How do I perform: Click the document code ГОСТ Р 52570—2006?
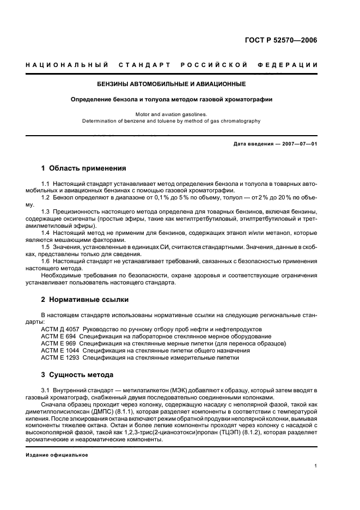pos(282,40)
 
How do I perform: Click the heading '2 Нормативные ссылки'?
pos(86,300)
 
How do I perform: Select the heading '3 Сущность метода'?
pos(77,375)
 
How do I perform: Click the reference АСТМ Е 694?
pos(59,337)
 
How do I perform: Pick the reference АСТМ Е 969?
pos(59,344)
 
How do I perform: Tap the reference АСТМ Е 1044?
pos(61,351)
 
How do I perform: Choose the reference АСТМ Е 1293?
pos(61,358)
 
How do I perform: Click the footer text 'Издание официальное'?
pos(57,455)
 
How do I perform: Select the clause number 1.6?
pos(46,260)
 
